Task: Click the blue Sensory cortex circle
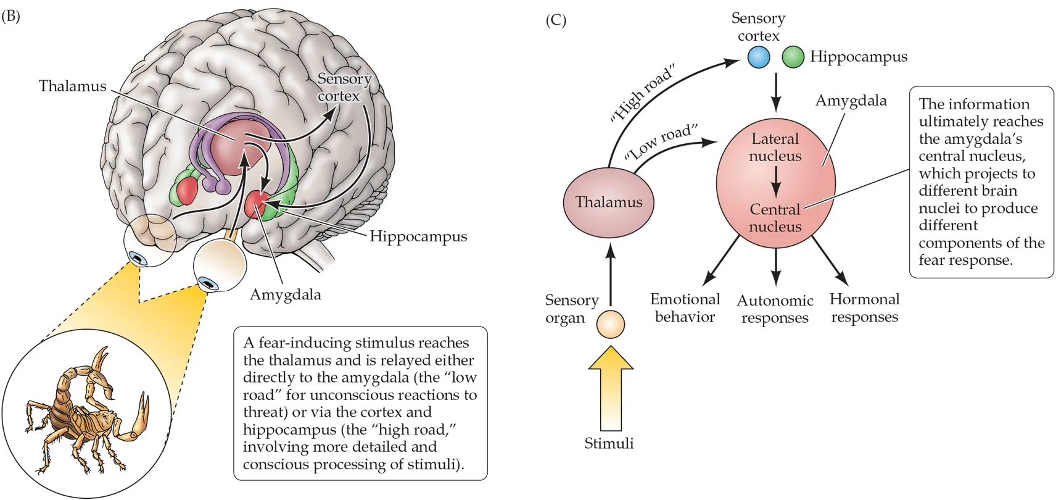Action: [758, 57]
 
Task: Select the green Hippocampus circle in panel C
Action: [793, 57]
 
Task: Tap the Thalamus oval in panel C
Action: [608, 202]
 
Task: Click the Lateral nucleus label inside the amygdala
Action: [775, 148]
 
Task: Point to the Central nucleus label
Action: [775, 218]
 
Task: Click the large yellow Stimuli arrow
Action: [611, 389]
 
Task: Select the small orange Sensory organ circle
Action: [611, 324]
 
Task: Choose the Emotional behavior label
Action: [685, 308]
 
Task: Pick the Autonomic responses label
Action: [775, 309]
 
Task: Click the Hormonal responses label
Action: [864, 308]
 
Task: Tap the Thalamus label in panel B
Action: [72, 86]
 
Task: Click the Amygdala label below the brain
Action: [285, 294]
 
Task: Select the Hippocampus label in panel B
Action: [418, 236]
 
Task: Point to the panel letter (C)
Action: [556, 20]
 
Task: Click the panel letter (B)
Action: [10, 16]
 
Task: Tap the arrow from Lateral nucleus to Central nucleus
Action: [775, 183]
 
